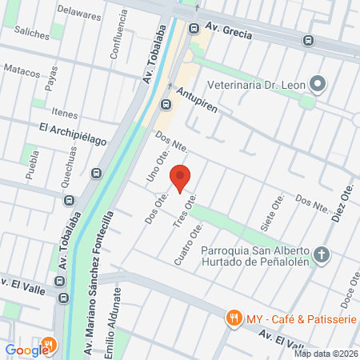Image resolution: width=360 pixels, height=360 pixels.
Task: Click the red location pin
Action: [x=181, y=178]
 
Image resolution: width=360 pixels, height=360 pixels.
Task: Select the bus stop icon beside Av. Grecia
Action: [x=194, y=29]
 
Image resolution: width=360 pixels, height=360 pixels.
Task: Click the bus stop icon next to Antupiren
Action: [x=166, y=104]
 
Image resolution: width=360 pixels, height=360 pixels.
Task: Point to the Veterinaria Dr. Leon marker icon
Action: [x=318, y=82]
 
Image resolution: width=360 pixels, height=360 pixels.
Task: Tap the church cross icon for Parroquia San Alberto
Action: [x=322, y=254]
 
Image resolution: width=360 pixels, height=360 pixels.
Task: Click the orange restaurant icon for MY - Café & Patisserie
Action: [x=234, y=318]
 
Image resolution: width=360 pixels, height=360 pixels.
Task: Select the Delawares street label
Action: [x=78, y=13]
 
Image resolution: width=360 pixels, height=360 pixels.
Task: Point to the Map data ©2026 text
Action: [x=326, y=354]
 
